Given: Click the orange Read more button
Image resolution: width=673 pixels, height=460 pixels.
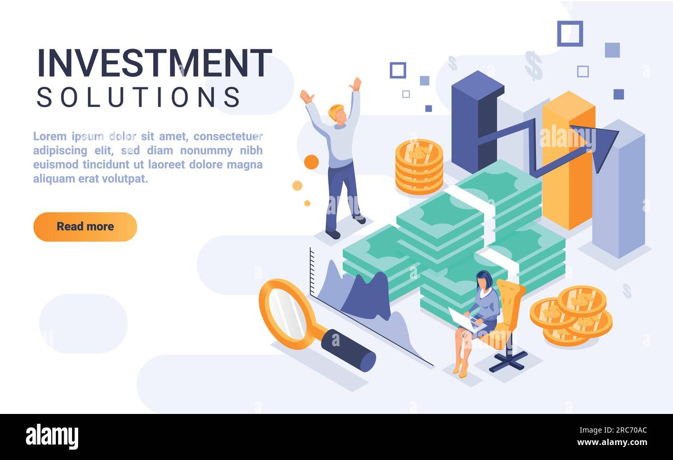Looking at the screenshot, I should click(85, 227).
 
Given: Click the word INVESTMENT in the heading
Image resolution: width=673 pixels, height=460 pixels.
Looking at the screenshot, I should click(154, 64).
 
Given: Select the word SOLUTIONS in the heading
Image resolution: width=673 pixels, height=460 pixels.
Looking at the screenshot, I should click(139, 97).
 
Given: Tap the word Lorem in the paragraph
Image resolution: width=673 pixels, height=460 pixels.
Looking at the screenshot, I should click(50, 137).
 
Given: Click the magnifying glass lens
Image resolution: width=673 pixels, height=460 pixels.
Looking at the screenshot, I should click(288, 314).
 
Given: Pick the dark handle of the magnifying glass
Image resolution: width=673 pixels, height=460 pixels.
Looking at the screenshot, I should click(348, 350).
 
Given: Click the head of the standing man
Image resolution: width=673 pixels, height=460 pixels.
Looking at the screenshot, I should click(338, 113).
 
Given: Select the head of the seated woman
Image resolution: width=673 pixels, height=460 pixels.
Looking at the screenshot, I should click(485, 280).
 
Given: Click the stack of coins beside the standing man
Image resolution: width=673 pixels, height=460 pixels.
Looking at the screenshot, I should click(419, 167).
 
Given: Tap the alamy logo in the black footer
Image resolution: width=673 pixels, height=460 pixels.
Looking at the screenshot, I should click(52, 437).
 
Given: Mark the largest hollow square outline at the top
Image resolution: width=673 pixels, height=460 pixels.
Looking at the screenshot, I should click(569, 34).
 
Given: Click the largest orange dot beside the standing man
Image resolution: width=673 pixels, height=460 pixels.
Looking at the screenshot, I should click(311, 162).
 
